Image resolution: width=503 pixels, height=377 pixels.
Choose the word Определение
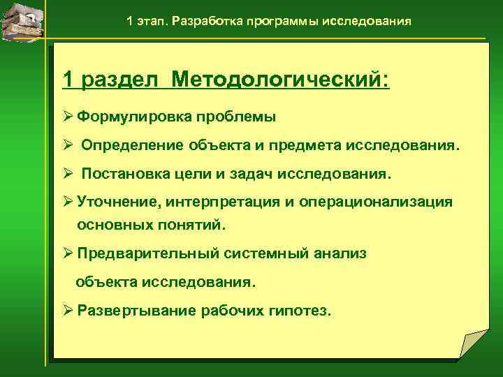133,146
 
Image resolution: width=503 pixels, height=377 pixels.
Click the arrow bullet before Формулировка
68,117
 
